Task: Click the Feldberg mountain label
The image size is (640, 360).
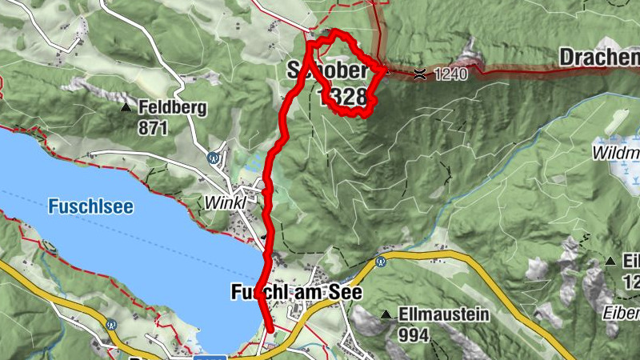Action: [173, 106]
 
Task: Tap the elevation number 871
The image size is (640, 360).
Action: [154, 126]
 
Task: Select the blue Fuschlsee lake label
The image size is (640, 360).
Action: [90, 206]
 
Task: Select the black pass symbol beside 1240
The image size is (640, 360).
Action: [420, 74]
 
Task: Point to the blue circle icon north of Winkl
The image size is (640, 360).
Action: [214, 158]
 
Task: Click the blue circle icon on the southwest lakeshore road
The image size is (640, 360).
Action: [111, 326]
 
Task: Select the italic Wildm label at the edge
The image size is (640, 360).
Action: [616, 152]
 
